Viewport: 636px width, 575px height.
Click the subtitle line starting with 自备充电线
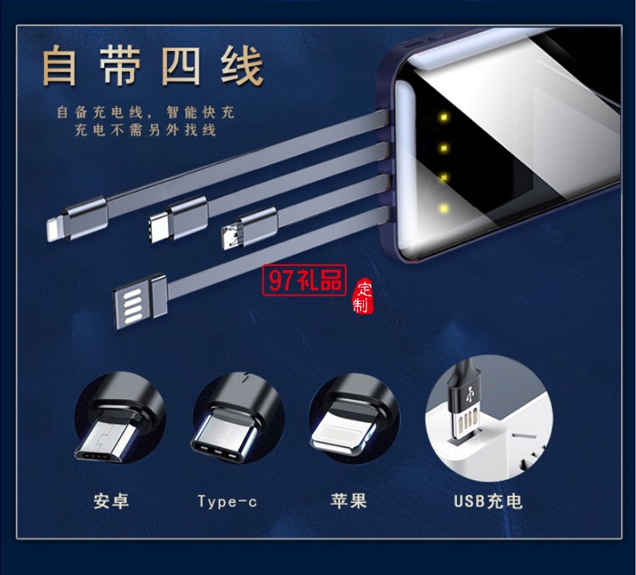tap(146, 112)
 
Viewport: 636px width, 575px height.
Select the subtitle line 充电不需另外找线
tap(133, 130)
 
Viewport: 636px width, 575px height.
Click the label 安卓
tap(112, 501)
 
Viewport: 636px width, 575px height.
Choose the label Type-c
tap(227, 501)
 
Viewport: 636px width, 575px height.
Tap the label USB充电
tap(488, 500)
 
